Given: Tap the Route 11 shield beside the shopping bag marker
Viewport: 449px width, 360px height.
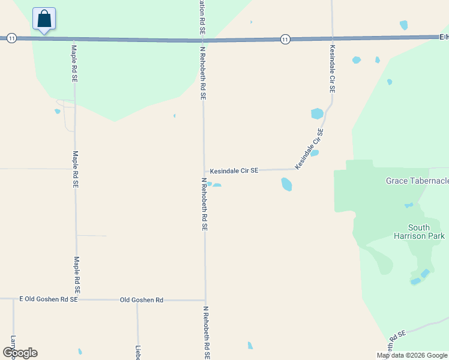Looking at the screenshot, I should (x=11, y=38).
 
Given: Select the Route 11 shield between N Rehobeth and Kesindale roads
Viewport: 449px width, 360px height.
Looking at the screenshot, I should (x=285, y=40).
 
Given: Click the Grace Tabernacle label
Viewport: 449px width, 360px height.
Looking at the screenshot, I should (x=417, y=181).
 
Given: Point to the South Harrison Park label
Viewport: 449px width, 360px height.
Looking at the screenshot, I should (x=427, y=232).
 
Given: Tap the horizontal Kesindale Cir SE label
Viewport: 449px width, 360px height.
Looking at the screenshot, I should (x=234, y=171).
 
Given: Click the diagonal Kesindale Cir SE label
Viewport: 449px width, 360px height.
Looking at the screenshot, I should (x=309, y=149).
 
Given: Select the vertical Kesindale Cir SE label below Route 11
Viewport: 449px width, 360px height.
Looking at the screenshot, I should (x=331, y=68).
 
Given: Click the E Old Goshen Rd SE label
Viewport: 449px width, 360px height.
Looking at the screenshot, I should (x=49, y=299).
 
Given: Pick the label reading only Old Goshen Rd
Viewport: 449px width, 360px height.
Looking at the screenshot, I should (x=142, y=299).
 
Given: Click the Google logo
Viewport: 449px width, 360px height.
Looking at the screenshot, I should (x=20, y=353).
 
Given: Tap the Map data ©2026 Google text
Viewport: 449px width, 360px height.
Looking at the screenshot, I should (x=412, y=355).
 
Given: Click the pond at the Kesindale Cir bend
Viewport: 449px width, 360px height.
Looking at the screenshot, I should (x=317, y=113).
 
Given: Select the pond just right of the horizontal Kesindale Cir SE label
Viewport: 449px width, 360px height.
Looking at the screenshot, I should (x=287, y=184).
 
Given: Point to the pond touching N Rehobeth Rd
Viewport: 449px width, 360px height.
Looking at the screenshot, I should (x=214, y=185).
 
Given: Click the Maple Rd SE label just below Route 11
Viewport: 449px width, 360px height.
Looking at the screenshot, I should (x=74, y=64).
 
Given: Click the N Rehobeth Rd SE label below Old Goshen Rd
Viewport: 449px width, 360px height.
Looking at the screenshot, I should (x=205, y=333).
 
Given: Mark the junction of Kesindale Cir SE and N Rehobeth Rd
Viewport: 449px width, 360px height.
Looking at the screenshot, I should (x=204, y=171).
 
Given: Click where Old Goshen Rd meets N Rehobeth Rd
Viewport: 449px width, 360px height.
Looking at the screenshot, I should (x=205, y=300).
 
